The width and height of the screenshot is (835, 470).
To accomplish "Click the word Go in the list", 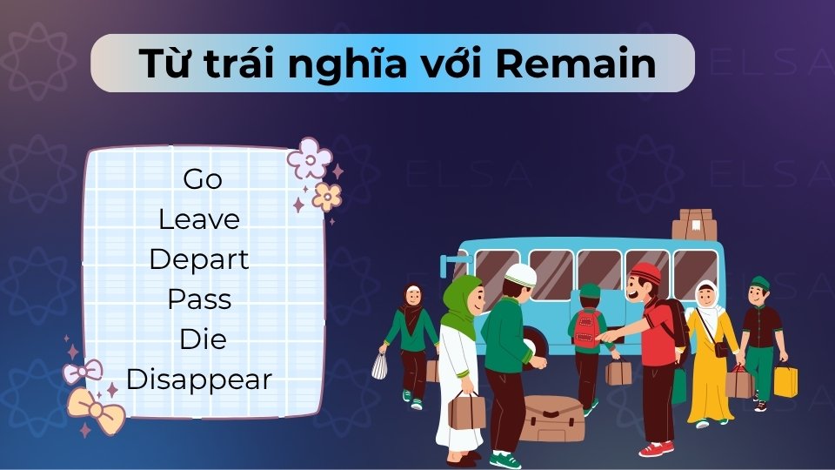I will point(203,179).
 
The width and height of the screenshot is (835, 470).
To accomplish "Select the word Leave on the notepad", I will point(198,219).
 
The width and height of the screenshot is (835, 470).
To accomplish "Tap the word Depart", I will point(198,259).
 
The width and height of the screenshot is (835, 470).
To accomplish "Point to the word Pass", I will point(199,299).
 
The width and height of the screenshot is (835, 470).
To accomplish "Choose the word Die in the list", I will point(202,339).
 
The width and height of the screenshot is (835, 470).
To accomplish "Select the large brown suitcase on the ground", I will point(553,418).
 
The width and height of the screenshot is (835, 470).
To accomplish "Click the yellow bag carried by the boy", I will point(785,381).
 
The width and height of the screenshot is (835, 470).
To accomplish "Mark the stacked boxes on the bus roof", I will point(694,224).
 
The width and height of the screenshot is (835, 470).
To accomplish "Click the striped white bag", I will point(379,366).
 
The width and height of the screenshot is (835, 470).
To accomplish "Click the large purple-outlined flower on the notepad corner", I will point(309,158).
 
